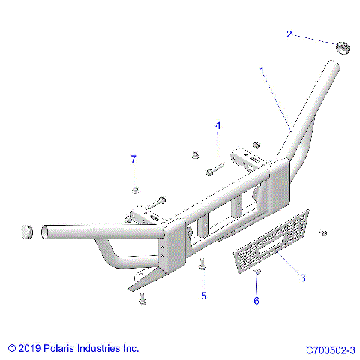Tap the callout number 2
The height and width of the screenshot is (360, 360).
click(289, 34)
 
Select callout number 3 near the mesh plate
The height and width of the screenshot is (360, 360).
click(303, 278)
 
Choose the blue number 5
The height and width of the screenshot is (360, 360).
click(203, 295)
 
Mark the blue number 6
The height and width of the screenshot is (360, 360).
click(256, 301)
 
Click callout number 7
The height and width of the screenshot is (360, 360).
click(133, 159)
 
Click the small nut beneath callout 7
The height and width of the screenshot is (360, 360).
click(135, 188)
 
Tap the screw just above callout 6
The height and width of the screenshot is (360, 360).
click(257, 272)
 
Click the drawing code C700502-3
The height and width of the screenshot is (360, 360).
click(330, 349)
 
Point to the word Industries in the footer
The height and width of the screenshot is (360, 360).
click(100, 349)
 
